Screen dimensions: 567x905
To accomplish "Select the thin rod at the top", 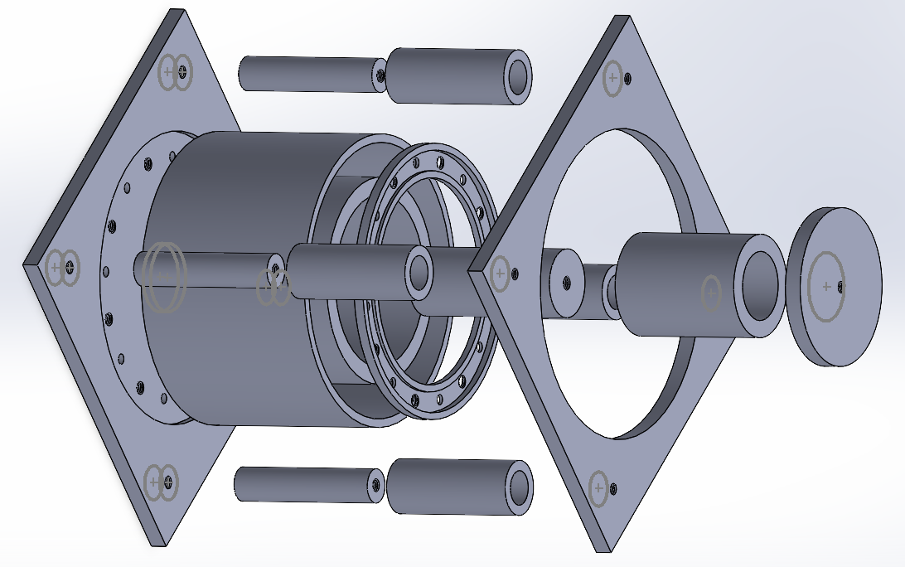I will (x=307, y=74).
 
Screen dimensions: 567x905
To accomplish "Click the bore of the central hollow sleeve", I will (x=419, y=273).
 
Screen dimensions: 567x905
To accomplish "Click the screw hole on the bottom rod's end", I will (x=377, y=486).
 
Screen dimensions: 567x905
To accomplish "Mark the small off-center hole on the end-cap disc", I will (x=841, y=287).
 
